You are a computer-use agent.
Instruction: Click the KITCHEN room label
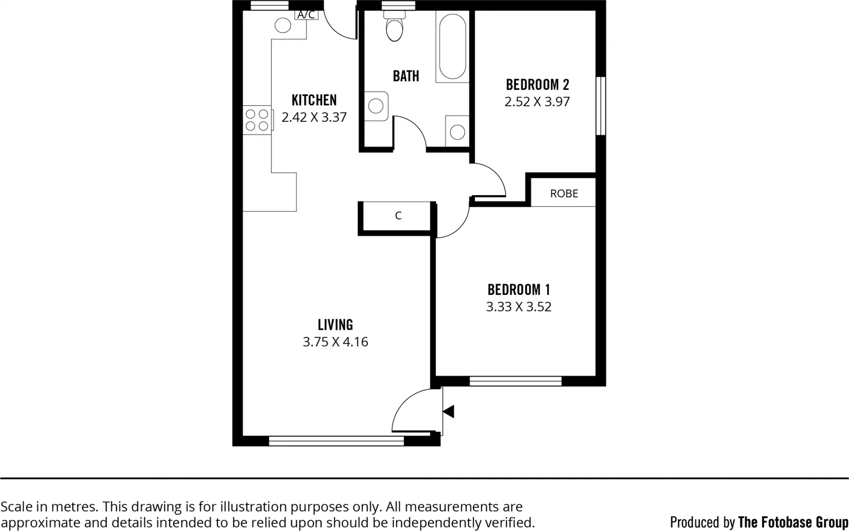click(x=314, y=100)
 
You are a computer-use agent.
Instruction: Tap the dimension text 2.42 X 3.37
click(x=314, y=118)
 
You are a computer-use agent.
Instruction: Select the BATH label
click(x=406, y=76)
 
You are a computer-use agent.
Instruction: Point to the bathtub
click(x=452, y=46)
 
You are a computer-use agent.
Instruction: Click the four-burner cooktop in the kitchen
click(x=257, y=120)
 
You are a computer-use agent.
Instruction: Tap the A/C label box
click(x=306, y=15)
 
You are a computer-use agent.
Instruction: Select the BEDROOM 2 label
click(x=537, y=85)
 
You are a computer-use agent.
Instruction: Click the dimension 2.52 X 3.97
click(x=537, y=102)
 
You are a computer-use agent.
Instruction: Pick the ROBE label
click(x=564, y=194)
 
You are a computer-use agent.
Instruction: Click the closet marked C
click(x=398, y=215)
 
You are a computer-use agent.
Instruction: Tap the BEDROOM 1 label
click(x=519, y=290)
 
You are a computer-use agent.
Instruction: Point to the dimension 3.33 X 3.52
click(x=519, y=307)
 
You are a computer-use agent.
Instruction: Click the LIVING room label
click(x=335, y=325)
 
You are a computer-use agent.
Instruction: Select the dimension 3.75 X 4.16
click(x=335, y=342)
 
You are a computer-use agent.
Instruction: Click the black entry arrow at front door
click(x=448, y=412)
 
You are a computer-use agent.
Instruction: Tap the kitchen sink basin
click(x=283, y=26)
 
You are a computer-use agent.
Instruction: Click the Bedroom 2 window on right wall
click(x=601, y=106)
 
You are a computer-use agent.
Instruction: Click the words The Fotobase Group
click(x=793, y=522)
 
